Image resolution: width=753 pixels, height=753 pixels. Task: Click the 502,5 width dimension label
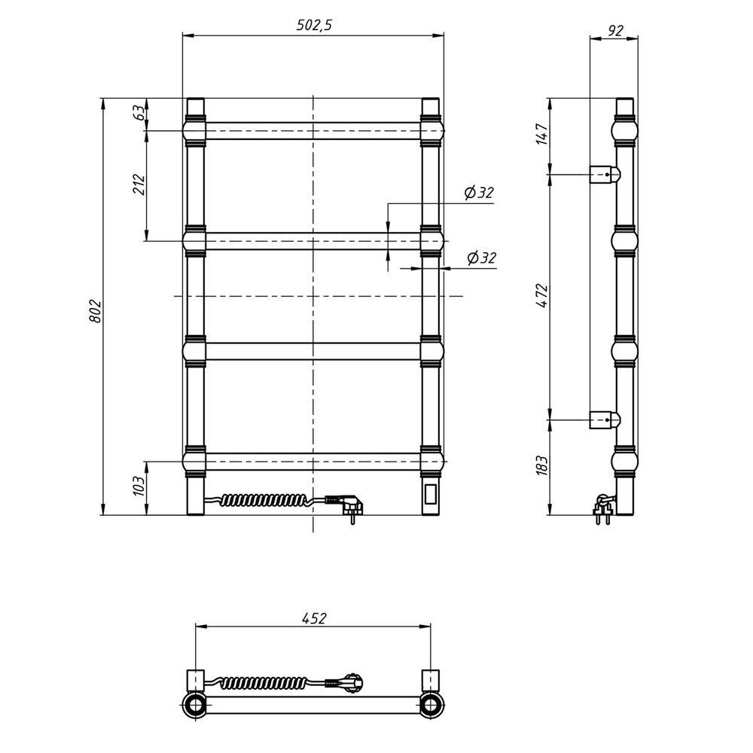(314, 25)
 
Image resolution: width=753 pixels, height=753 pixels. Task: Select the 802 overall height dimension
(96, 311)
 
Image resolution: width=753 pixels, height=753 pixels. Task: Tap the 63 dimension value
(139, 112)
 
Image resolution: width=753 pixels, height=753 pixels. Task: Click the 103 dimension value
(139, 486)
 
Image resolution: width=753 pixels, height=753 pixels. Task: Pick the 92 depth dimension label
(615, 31)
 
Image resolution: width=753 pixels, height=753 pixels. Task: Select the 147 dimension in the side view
(541, 134)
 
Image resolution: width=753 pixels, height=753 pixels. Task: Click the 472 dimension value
(541, 296)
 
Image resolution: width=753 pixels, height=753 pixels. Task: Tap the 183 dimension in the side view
(541, 465)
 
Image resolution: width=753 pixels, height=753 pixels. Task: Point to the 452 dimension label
(314, 617)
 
